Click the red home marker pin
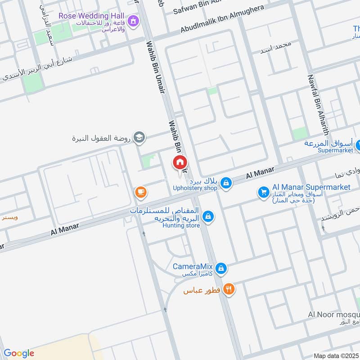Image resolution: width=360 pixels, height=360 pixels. pos(180,163)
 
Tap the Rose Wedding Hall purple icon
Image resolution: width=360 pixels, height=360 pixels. pos(133,21)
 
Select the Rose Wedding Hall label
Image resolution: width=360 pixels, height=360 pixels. pos(92,16)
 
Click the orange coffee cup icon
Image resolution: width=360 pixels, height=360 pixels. pos(140,192)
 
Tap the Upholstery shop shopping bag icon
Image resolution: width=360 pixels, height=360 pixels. pos(226,183)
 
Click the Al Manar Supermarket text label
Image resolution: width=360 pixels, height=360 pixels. pos(311,187)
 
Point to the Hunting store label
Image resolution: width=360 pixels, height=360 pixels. pos(181,225)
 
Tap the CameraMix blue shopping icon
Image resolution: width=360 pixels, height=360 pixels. pos(220,268)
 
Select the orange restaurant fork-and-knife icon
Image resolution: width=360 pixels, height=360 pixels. pos(229,289)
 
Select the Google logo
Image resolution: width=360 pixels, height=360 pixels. pos(19,353)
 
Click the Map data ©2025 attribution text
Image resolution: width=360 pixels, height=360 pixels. pos(335,356)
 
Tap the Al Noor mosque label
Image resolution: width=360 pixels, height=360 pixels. pos(333,314)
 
